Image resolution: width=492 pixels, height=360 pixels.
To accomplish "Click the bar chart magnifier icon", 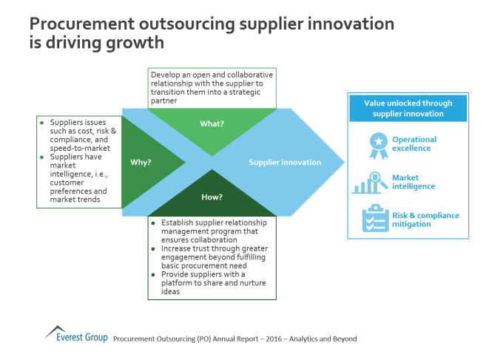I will [370, 182].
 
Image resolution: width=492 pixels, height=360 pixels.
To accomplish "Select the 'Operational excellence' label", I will [414, 144].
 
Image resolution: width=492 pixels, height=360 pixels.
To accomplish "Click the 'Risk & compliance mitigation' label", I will [425, 220].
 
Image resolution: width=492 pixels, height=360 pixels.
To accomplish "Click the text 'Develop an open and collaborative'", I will [212, 75].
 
